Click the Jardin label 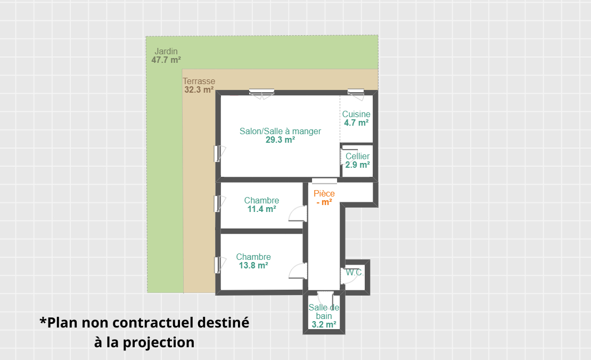[166, 51]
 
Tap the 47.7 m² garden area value [166, 60]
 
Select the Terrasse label [199, 81]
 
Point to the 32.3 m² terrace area [199, 89]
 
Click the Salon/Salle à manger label [281, 131]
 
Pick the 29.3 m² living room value [281, 140]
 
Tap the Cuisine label [356, 114]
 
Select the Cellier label [358, 156]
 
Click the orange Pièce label [324, 193]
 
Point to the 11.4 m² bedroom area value [261, 209]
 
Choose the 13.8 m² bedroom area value [253, 265]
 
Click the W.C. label [355, 272]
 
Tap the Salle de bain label [324, 312]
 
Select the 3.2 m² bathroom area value [324, 324]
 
